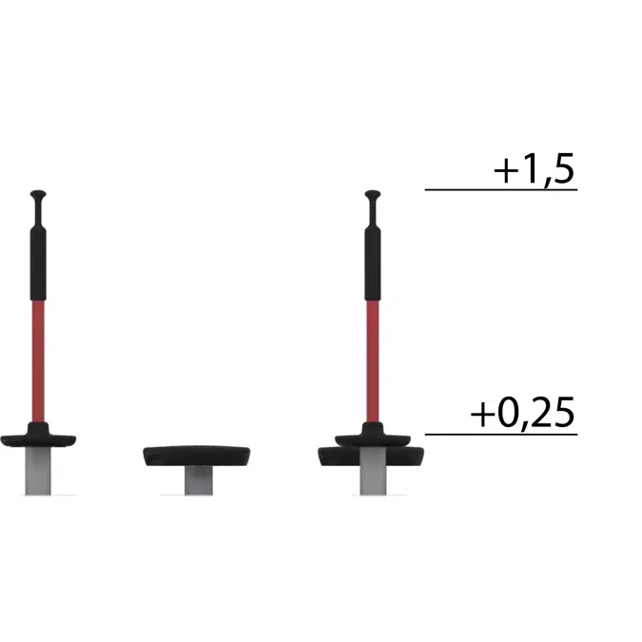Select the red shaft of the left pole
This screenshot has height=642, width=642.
(38, 357)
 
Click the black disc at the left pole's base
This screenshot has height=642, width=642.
(38, 438)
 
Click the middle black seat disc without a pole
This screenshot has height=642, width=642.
(197, 455)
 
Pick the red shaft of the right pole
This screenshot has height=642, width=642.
(373, 357)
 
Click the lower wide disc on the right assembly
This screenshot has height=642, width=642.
(373, 457)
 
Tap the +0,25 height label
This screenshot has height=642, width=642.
(524, 416)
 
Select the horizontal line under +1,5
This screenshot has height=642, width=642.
(501, 190)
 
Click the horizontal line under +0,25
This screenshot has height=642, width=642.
(501, 435)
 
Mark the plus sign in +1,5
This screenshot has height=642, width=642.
(505, 172)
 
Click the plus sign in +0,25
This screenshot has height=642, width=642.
(483, 417)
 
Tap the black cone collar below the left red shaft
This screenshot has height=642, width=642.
(38, 426)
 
